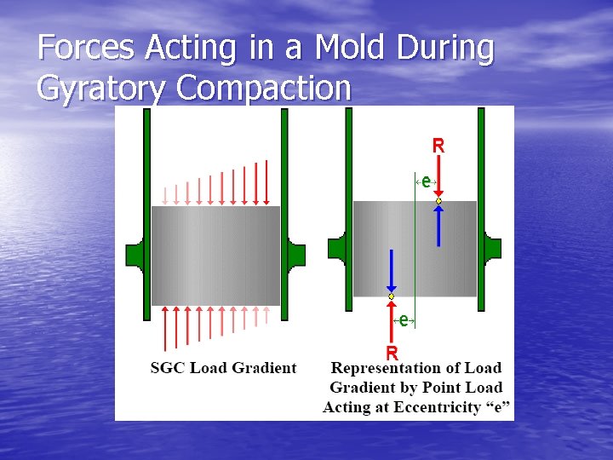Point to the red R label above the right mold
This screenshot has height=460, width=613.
(x=438, y=146)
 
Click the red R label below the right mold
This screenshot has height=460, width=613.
(x=392, y=352)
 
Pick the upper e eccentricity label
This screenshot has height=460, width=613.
(x=426, y=181)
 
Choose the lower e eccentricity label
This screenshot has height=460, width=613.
(x=403, y=320)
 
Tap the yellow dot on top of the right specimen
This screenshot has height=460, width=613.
(x=438, y=201)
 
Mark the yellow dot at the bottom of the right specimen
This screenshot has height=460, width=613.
(x=391, y=296)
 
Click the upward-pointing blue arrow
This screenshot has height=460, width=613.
(x=438, y=226)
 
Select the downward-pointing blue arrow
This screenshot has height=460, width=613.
(x=391, y=271)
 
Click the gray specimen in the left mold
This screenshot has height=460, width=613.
(x=215, y=256)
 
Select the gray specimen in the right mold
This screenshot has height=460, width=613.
(x=415, y=249)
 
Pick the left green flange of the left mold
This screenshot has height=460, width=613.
(x=135, y=255)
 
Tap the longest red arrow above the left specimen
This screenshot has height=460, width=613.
(x=266, y=182)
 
